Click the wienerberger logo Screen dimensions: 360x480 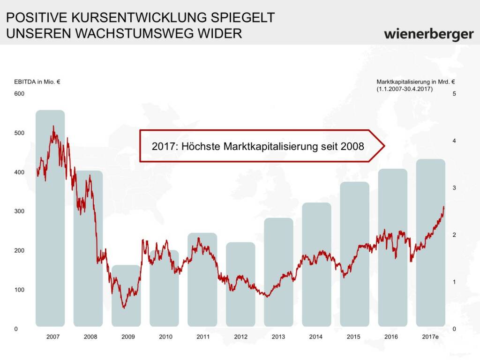pyautogui.click(x=428, y=34)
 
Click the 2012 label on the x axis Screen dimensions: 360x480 pyautogui.click(x=240, y=337)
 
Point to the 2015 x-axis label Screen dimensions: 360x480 pyautogui.click(x=354, y=337)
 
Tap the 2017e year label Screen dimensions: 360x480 pyautogui.click(x=430, y=337)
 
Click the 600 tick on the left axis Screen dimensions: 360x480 pyautogui.click(x=19, y=94)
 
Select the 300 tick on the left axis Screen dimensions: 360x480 pyautogui.click(x=19, y=211)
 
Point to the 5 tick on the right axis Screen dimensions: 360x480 pyautogui.click(x=454, y=94)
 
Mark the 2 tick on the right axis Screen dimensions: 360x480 pyautogui.click(x=454, y=235)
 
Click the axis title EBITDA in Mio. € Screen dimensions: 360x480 pyautogui.click(x=37, y=82)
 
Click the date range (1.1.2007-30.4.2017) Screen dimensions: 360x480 pyautogui.click(x=404, y=88)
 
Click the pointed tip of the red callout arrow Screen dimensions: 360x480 pyautogui.click(x=384, y=146)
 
